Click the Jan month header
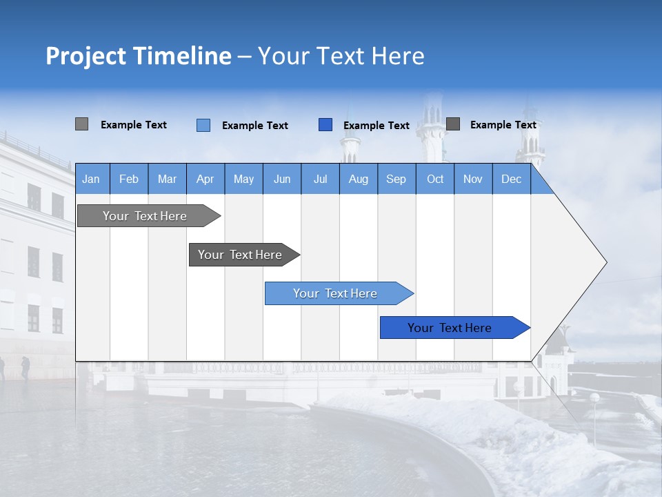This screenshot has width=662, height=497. pyautogui.click(x=91, y=179)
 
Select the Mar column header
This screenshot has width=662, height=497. pyautogui.click(x=167, y=179)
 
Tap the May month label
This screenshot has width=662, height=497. pyautogui.click(x=243, y=179)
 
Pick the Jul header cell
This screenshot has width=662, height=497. pyautogui.click(x=320, y=179)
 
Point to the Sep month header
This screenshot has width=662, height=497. pyautogui.click(x=396, y=179)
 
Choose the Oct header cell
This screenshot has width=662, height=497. pyautogui.click(x=435, y=179)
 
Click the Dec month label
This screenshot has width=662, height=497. pyautogui.click(x=511, y=179)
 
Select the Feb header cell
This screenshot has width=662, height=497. pyautogui.click(x=129, y=179)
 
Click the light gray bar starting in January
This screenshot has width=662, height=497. pyautogui.click(x=145, y=216)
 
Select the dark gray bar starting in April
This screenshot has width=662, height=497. pyautogui.click(x=240, y=255)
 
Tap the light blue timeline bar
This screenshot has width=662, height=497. pyautogui.click(x=335, y=293)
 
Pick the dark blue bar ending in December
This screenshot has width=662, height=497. pyautogui.click(x=450, y=328)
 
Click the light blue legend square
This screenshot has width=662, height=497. pyautogui.click(x=203, y=125)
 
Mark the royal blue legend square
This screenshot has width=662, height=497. pyautogui.click(x=325, y=125)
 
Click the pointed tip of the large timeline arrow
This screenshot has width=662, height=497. pyautogui.click(x=605, y=262)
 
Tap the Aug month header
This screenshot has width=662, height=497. pyautogui.click(x=358, y=179)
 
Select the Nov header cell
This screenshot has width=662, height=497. pyautogui.click(x=473, y=179)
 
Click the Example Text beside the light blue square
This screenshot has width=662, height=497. pyautogui.click(x=254, y=126)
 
